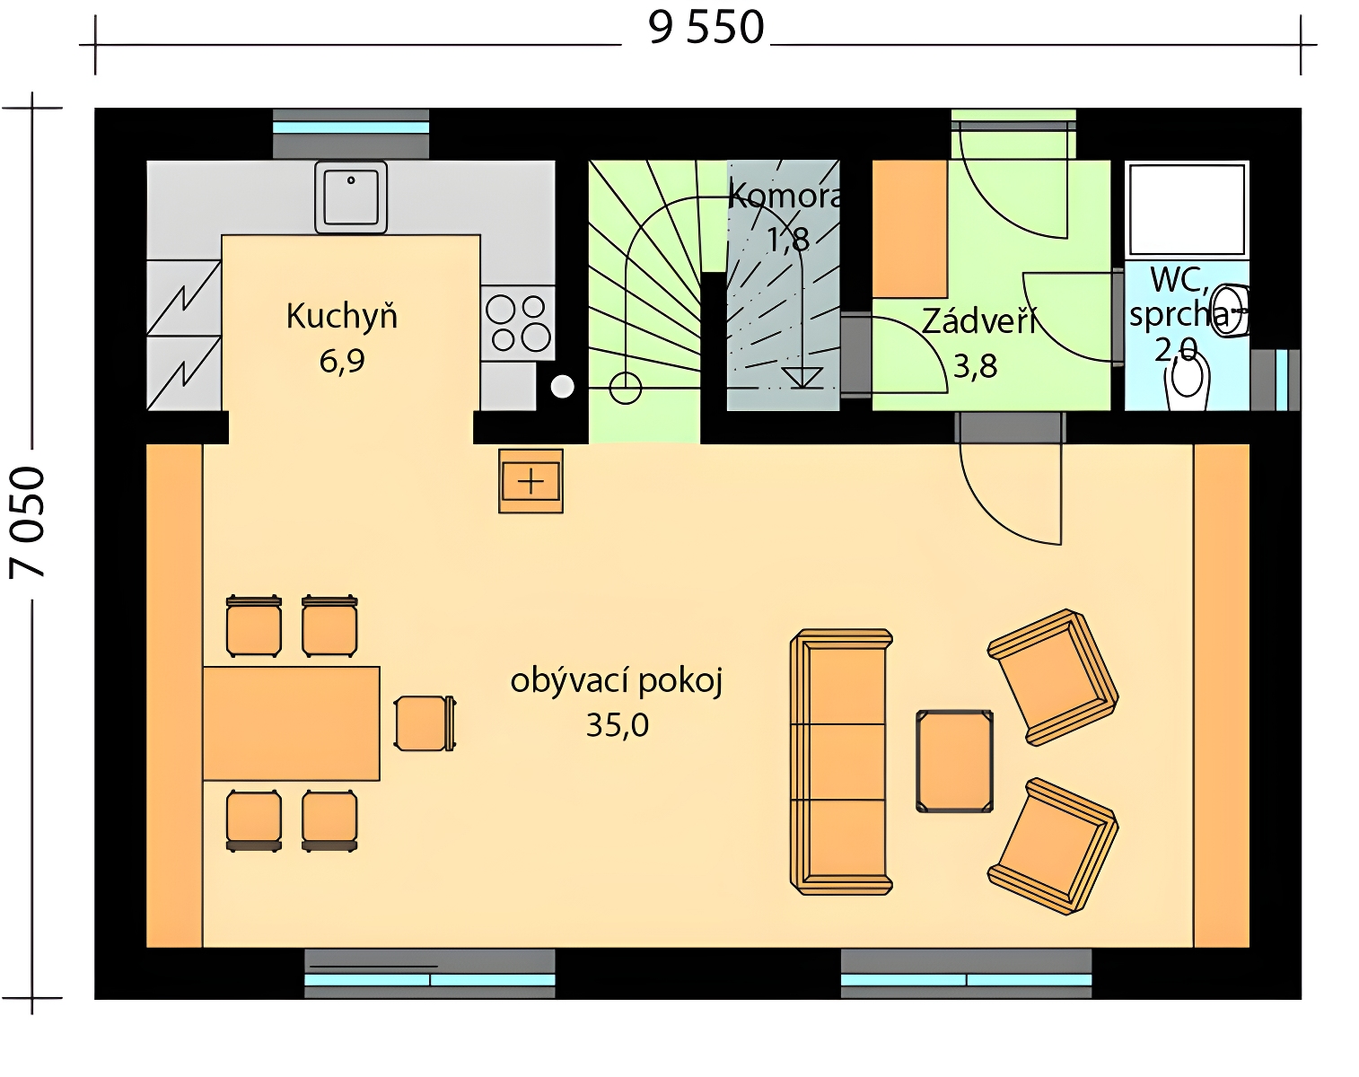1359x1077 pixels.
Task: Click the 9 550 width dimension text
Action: (x=706, y=29)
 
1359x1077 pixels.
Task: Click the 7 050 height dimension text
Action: (x=28, y=522)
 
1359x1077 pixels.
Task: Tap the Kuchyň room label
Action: (x=342, y=317)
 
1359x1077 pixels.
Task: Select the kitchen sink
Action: (x=351, y=197)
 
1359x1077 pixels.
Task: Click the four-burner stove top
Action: (x=518, y=323)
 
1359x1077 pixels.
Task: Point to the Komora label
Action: (x=785, y=197)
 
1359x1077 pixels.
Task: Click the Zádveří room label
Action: (x=978, y=321)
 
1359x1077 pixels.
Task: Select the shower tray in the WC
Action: (x=1188, y=210)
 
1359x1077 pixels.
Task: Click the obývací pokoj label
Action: (x=616, y=682)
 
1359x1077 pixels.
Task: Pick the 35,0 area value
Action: (x=617, y=726)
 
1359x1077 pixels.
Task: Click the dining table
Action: (x=291, y=724)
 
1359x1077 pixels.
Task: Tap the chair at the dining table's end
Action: (x=425, y=723)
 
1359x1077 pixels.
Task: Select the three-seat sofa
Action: (x=840, y=762)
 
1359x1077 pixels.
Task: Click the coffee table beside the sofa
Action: (x=954, y=761)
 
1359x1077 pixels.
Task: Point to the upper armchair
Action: (x=1053, y=678)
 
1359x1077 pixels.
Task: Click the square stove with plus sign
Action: (x=530, y=481)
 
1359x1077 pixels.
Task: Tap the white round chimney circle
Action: (x=562, y=387)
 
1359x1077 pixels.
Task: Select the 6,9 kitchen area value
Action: (x=342, y=362)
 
